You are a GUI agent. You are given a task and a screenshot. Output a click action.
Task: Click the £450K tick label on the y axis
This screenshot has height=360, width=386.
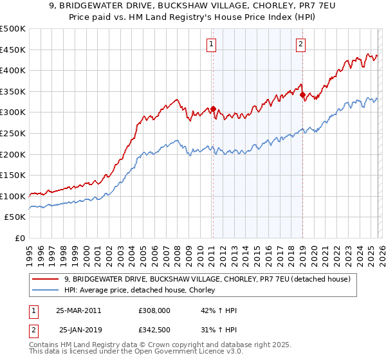pyautogui.click(x=13, y=50)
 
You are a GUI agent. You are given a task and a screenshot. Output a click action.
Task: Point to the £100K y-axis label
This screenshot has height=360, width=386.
pyautogui.click(x=13, y=196)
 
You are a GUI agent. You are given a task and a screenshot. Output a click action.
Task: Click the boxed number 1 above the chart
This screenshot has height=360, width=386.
pyautogui.click(x=212, y=44)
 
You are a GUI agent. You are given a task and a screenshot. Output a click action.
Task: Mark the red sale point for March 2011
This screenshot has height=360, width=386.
pyautogui.click(x=213, y=109)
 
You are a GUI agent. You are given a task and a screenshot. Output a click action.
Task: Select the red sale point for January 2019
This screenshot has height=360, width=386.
pyautogui.click(x=302, y=94)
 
